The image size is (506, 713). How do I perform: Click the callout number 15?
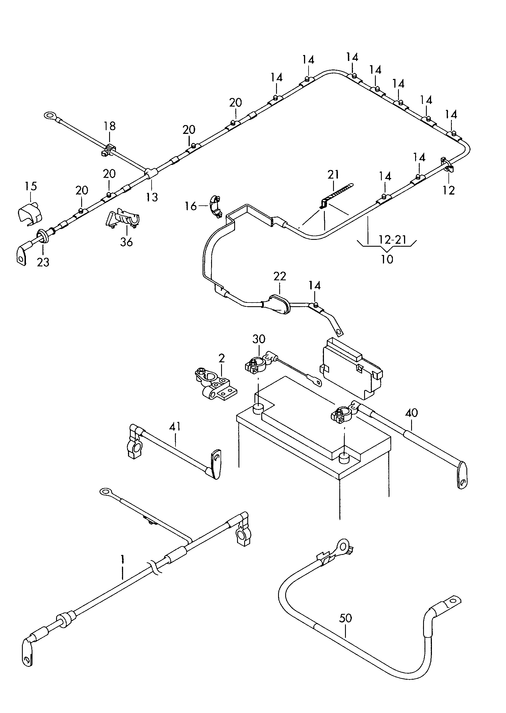click(30, 186)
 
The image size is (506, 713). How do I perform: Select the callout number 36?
click(126, 242)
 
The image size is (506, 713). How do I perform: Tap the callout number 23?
click(43, 262)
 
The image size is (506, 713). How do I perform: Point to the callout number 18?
click(110, 126)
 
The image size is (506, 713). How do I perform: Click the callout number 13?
click(152, 197)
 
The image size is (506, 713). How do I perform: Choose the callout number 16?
click(191, 206)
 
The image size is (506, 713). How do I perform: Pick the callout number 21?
click(333, 174)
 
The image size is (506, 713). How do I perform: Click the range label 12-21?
click(393, 240)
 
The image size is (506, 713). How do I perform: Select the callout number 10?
click(387, 259)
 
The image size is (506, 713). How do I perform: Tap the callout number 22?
click(280, 276)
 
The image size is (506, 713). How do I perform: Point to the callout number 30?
click(259, 339)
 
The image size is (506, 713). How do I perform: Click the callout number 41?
click(175, 426)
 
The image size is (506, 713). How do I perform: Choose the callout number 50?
click(345, 618)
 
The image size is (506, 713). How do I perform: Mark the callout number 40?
click(411, 413)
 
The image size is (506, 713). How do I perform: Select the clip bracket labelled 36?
click(123, 219)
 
